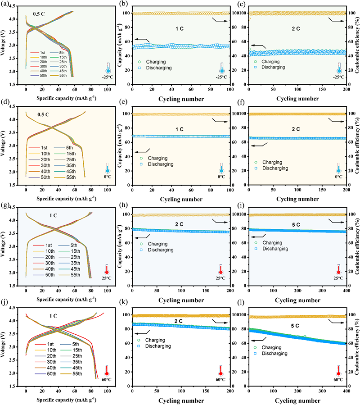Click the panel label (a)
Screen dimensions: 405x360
6,5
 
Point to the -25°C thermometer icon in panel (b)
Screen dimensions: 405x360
221,68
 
